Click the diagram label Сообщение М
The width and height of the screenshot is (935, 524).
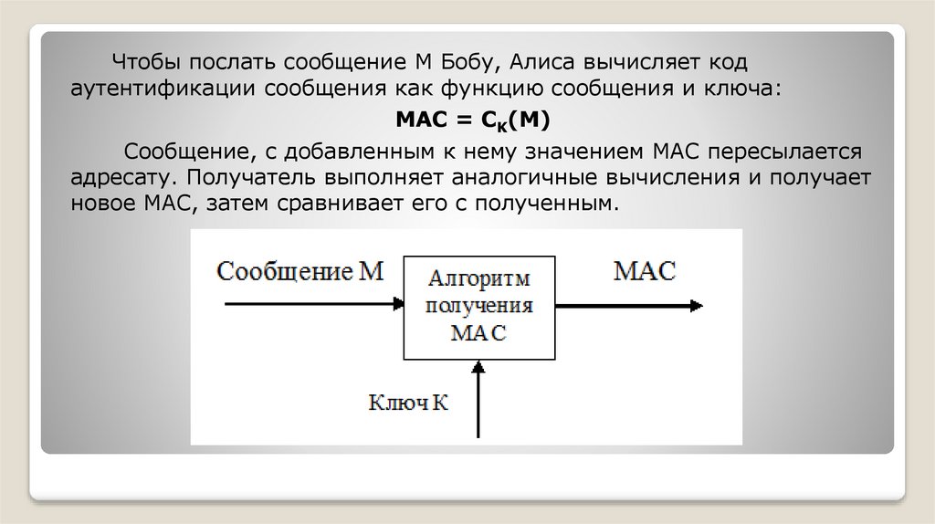pos(299,270)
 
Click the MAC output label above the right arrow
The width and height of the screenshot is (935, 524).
pos(645,270)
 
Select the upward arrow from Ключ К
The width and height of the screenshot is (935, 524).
pos(478,402)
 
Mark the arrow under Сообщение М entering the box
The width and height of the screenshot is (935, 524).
pos(315,304)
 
